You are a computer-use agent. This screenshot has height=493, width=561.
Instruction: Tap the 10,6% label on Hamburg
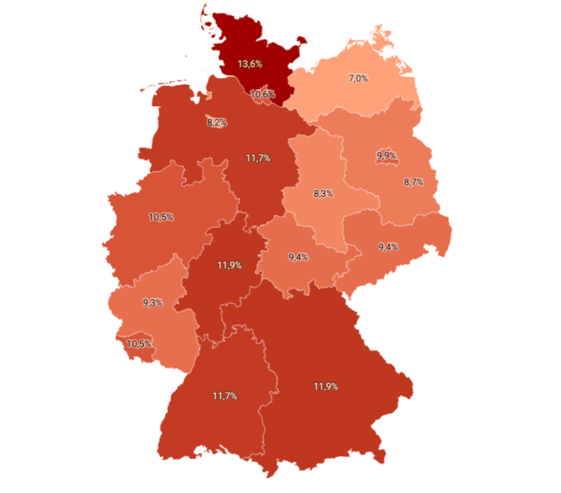[263, 94]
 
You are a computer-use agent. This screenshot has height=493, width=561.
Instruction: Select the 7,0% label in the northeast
[358, 79]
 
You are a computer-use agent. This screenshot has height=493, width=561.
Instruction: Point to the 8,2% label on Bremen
[216, 123]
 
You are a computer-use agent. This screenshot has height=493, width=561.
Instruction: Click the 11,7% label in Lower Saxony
[258, 158]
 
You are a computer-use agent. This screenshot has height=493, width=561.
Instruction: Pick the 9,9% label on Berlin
[386, 156]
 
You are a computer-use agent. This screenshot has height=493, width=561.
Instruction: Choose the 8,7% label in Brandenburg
[414, 182]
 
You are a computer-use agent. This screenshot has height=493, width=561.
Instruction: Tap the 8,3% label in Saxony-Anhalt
[323, 194]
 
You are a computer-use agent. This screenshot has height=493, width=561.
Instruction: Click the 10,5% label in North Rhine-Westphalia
[161, 217]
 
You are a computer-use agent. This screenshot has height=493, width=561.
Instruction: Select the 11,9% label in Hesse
[229, 265]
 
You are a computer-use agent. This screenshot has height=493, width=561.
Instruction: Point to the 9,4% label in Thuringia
[298, 257]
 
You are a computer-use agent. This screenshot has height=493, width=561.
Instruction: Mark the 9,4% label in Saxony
[388, 246]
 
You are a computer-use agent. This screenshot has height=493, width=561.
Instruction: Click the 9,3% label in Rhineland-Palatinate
[152, 302]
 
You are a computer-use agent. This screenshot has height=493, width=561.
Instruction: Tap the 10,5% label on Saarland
[139, 344]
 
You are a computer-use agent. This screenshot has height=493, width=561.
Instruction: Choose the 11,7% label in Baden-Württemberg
[224, 396]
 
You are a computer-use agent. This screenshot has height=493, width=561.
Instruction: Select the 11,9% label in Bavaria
[325, 387]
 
